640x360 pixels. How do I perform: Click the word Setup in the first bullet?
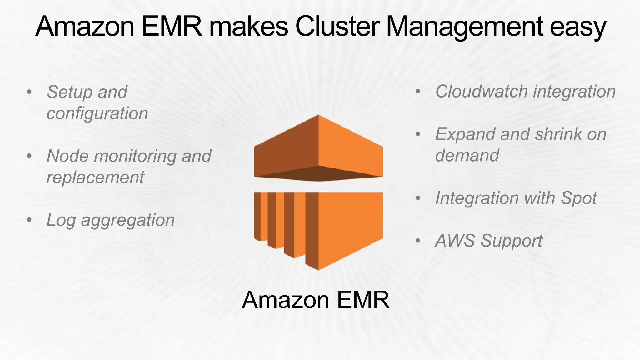(70, 92)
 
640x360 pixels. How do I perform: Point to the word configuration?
(97, 113)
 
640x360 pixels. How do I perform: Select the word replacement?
(95, 177)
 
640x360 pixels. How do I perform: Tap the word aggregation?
(128, 220)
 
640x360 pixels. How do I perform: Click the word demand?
(467, 155)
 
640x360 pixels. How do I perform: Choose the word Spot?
(579, 198)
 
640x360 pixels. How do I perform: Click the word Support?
(512, 241)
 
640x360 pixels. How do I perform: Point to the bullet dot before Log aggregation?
(29, 220)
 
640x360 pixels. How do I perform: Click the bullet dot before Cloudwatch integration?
(418, 92)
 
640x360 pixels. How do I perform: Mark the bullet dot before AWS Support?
(418, 241)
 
